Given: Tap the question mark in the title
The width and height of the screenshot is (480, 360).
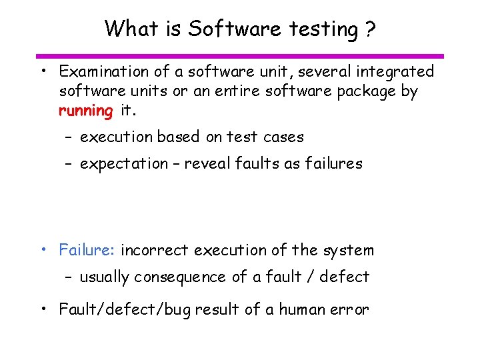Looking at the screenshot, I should click(369, 29).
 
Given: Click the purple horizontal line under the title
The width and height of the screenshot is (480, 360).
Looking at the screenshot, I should click(240, 56).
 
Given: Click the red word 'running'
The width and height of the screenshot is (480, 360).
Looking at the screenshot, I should click(86, 111).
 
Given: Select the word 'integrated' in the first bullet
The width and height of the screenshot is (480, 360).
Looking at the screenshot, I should click(397, 71).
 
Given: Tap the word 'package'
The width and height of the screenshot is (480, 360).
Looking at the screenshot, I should click(364, 92).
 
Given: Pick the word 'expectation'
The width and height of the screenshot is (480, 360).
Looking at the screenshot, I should click(124, 164).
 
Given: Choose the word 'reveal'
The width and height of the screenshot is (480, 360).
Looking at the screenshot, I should click(207, 164).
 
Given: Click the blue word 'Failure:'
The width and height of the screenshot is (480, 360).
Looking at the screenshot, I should click(87, 251).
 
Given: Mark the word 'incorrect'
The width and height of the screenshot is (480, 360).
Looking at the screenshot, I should click(155, 251).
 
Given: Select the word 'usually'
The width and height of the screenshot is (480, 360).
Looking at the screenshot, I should click(105, 277).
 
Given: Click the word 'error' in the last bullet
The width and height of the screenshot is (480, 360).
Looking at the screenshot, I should click(351, 309).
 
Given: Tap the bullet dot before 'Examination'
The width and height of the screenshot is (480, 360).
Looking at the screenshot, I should click(42, 71).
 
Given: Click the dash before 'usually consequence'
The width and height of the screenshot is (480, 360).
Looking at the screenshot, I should click(69, 277).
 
